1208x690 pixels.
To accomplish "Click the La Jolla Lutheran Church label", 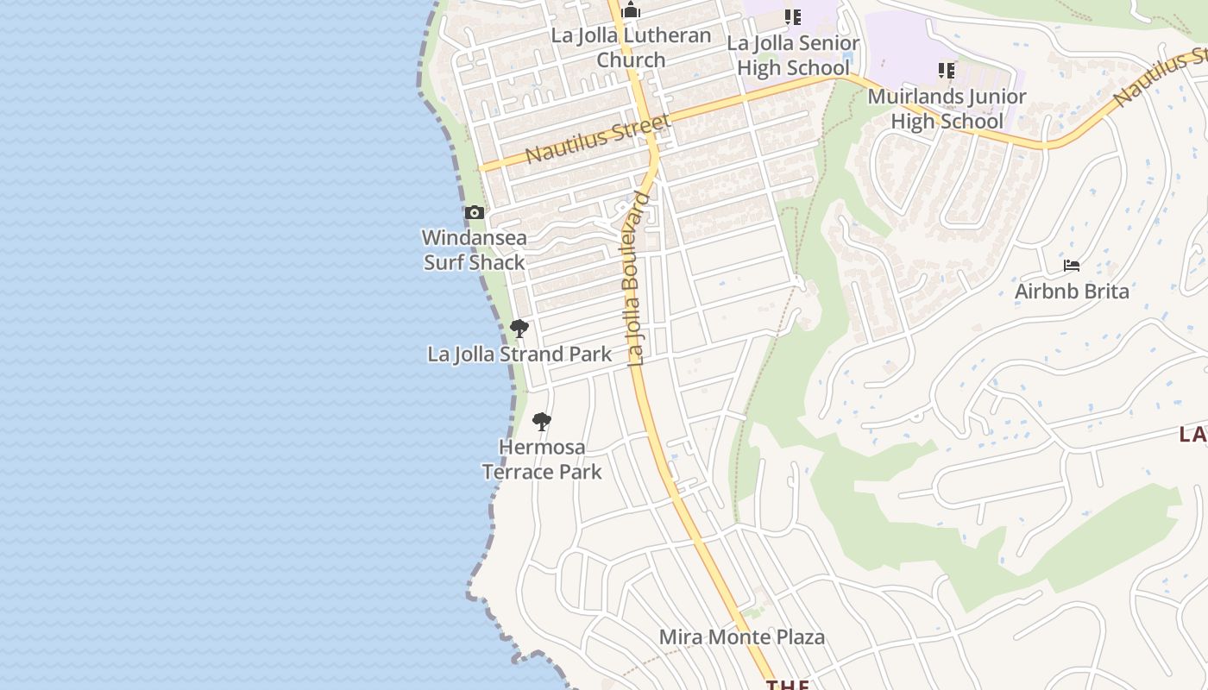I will (631, 47).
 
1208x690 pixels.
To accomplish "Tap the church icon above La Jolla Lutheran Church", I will (631, 11).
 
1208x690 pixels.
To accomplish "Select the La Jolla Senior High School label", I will (793, 55).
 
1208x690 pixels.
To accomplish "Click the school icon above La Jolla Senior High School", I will (793, 16).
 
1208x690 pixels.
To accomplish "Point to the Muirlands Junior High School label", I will (947, 109).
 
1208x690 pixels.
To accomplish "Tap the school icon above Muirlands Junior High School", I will (947, 70).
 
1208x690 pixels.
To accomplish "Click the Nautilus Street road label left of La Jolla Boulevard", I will (597, 139).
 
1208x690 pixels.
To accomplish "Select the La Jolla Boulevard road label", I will (639, 279).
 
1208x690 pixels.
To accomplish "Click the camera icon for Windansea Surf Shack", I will (474, 212).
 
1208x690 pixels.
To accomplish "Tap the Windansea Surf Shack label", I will (474, 249).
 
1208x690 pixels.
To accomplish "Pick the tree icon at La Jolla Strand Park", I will (519, 328).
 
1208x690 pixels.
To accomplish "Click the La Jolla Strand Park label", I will (519, 354).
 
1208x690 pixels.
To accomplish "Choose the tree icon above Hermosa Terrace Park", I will (542, 422).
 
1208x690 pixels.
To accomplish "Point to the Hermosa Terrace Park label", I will (542, 460).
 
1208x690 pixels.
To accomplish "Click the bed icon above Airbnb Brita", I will (1072, 266).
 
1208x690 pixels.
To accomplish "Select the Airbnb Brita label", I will (1072, 292).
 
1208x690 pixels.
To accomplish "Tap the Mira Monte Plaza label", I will (742, 637).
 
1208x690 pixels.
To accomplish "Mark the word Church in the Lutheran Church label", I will (631, 60).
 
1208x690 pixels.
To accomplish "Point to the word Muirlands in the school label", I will (916, 97).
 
